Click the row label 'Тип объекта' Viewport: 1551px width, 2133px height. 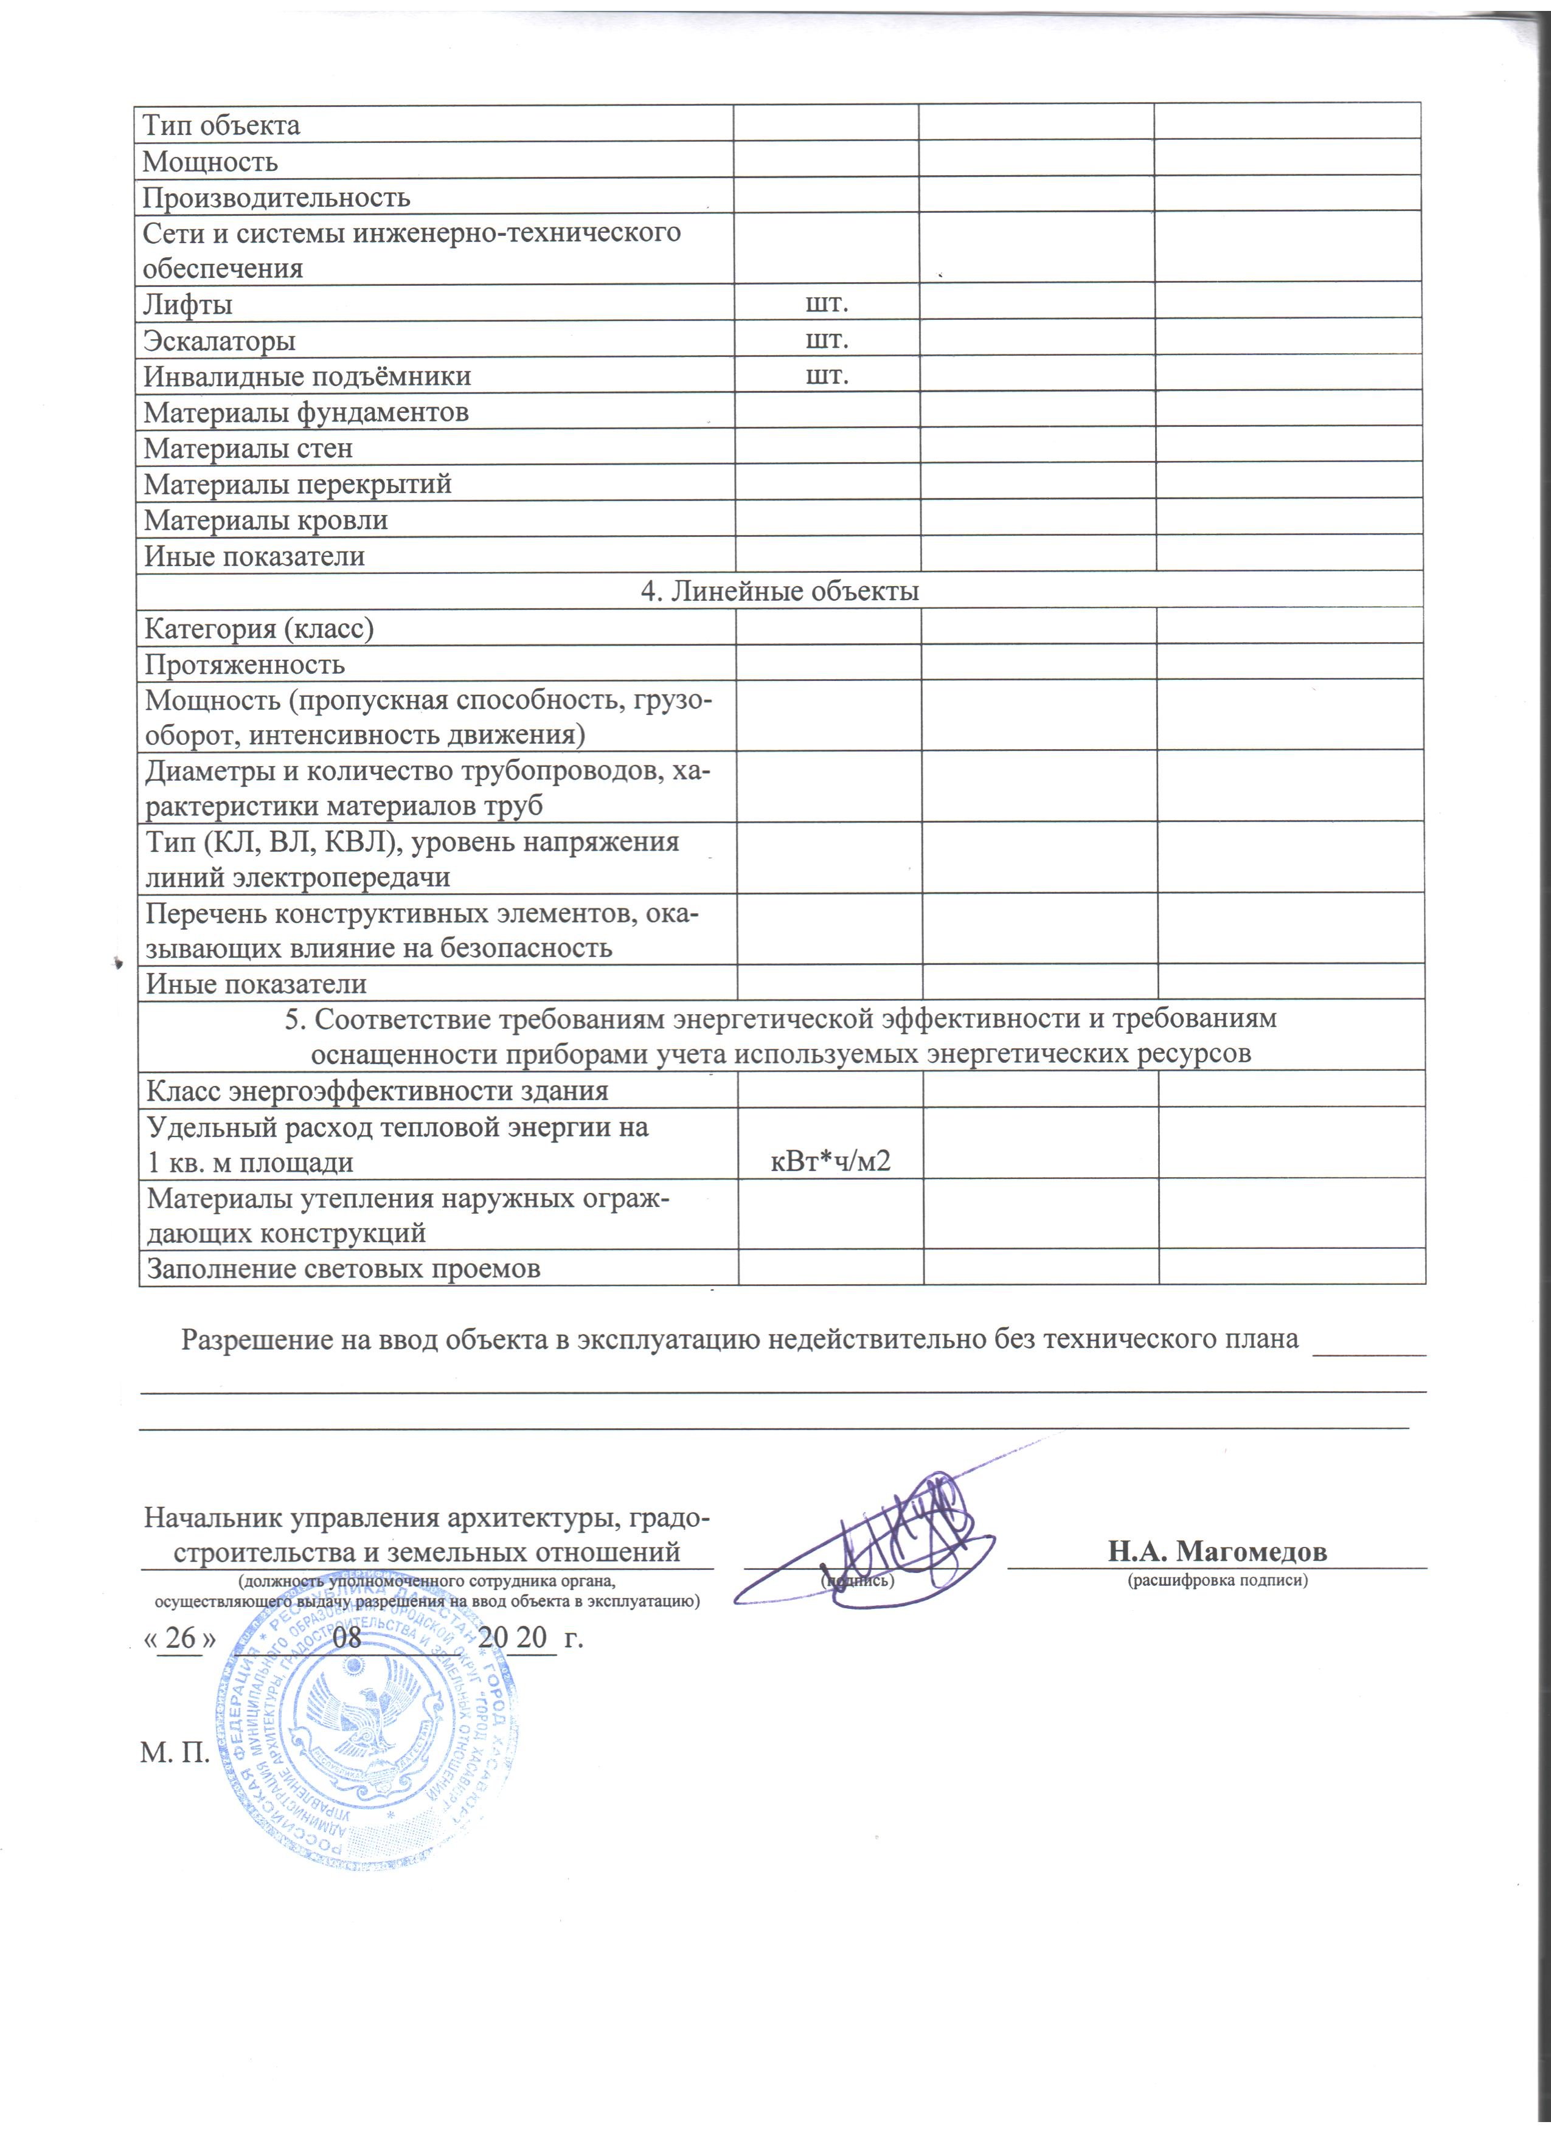221,125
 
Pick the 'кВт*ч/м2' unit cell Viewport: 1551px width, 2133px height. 830,1161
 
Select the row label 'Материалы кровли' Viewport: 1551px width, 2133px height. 265,520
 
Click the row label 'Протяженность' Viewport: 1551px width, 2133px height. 245,665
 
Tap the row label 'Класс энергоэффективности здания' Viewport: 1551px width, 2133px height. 377,1091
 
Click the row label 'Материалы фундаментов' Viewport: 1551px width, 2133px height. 306,412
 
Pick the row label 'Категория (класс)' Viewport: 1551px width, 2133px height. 258,628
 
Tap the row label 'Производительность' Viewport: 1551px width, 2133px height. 277,198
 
